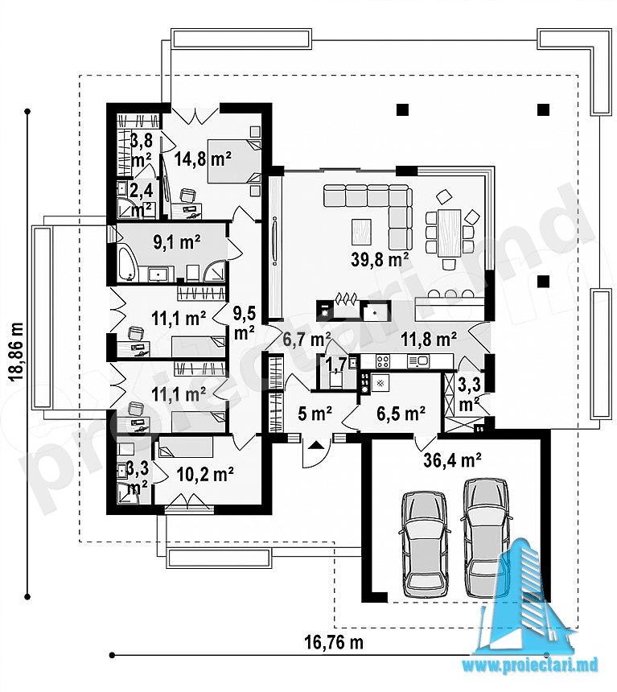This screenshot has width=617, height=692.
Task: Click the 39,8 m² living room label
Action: coord(379,259)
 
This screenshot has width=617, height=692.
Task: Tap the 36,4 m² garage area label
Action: coord(452,460)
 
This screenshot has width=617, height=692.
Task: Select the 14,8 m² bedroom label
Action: coord(203,158)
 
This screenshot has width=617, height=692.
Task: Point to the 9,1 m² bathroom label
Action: coord(176,242)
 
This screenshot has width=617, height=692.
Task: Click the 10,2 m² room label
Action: coord(205,475)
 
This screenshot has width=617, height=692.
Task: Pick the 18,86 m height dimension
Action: coord(16,352)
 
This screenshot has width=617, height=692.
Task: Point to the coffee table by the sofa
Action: coord(361,232)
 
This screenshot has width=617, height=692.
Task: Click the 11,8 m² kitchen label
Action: coord(428,340)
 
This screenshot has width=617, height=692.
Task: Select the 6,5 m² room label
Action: coord(401,413)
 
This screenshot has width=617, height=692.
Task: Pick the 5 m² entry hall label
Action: coord(315,414)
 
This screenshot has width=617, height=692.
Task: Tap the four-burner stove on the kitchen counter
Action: coord(383,361)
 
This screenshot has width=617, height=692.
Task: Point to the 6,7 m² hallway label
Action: coord(306,340)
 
